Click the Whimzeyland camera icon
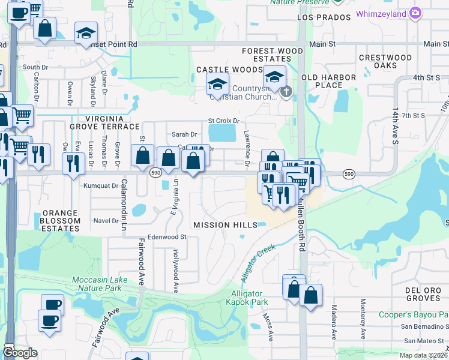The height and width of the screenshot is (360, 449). coord(415,13)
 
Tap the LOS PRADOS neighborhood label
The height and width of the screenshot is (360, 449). coord(323,18)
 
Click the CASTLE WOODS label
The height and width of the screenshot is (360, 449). coord(221,70)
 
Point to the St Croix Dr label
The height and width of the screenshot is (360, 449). coord(223,121)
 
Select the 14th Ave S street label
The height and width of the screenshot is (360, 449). coord(396,127)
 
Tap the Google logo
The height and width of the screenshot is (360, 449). coord(20,353)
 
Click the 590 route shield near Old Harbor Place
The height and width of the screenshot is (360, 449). coord(349,173)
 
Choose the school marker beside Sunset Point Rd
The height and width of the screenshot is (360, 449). coord(86,33)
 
